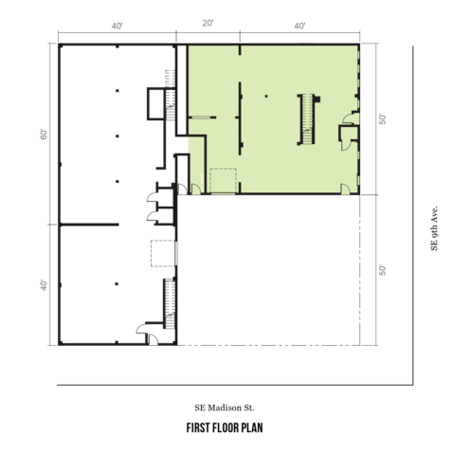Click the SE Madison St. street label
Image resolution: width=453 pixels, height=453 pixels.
(225, 408)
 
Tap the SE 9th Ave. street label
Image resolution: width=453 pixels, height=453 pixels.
(434, 228)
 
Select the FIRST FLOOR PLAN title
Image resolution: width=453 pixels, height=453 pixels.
(225, 428)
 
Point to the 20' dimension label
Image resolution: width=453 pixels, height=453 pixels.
(208, 24)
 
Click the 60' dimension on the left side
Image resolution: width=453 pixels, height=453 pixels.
(44, 134)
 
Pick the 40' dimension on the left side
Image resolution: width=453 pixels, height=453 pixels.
(44, 285)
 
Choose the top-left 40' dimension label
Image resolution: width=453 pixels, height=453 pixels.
(117, 26)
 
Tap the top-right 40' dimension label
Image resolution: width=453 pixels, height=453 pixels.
(299, 26)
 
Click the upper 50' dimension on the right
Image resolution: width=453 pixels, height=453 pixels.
(382, 119)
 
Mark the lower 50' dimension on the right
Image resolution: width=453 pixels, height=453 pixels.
(382, 270)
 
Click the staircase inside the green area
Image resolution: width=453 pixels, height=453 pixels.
(307, 119)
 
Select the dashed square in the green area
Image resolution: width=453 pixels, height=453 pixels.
(223, 181)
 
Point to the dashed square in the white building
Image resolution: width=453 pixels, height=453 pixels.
(163, 253)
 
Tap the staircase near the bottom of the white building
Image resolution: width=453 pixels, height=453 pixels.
(170, 304)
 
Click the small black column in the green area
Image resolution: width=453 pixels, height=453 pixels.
(266, 96)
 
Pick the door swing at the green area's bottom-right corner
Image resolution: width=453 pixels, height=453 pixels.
(345, 189)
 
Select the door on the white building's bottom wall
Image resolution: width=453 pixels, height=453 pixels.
(154, 339)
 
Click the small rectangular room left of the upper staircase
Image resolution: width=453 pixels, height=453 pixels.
(155, 103)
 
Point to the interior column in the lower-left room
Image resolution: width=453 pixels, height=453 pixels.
(117, 284)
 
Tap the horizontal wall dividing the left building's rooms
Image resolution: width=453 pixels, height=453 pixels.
(89, 225)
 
